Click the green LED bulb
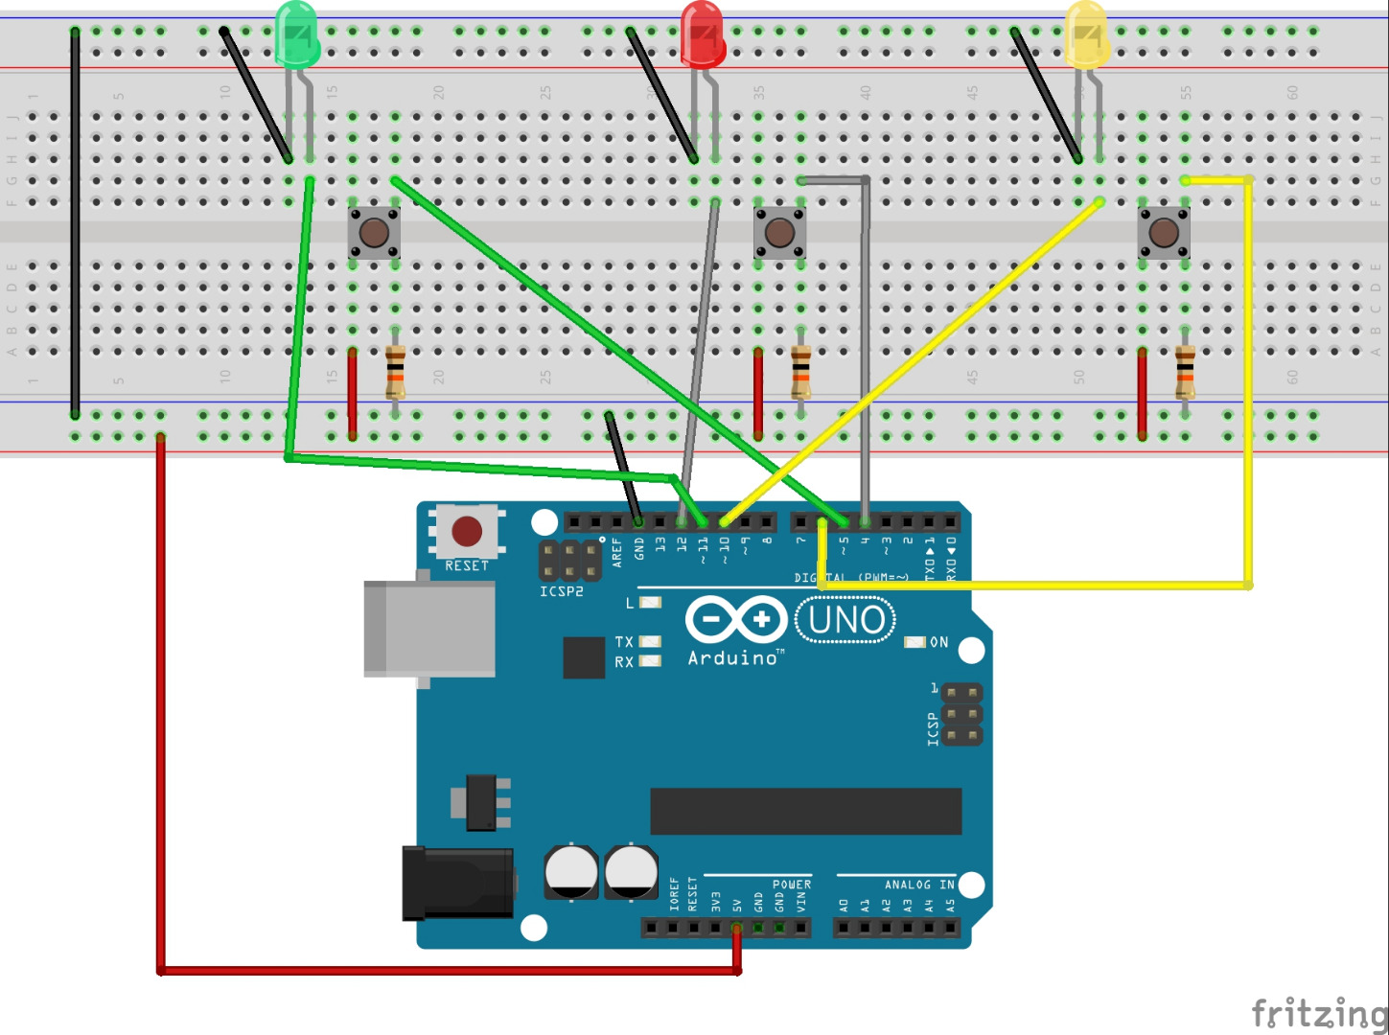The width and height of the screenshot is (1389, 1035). pyautogui.click(x=297, y=34)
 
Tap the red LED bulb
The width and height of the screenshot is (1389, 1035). pyautogui.click(x=703, y=34)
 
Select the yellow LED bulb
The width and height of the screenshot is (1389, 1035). pyautogui.click(x=1087, y=34)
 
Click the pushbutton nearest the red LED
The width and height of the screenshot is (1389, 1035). pyautogui.click(x=779, y=232)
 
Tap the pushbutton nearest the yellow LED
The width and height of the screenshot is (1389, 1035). pyautogui.click(x=1164, y=232)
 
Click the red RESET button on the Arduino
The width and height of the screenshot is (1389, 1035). pyautogui.click(x=467, y=531)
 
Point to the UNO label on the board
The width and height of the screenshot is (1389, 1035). pyautogui.click(x=846, y=620)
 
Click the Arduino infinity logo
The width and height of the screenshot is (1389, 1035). pyautogui.click(x=736, y=620)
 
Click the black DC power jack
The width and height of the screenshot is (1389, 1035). pyautogui.click(x=458, y=882)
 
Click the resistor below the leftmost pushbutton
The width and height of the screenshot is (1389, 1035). pyautogui.click(x=395, y=373)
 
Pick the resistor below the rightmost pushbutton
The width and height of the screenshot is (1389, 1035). pyautogui.click(x=1185, y=373)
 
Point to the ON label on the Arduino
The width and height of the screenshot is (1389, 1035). pyautogui.click(x=939, y=642)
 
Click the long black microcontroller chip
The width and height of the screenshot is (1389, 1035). pyautogui.click(x=805, y=812)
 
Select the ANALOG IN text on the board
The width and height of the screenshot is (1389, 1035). pyautogui.click(x=919, y=885)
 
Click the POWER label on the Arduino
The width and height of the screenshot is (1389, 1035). pyautogui.click(x=792, y=885)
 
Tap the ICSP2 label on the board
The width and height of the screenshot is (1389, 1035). pyautogui.click(x=561, y=592)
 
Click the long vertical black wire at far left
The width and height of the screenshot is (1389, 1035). pyautogui.click(x=75, y=222)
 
